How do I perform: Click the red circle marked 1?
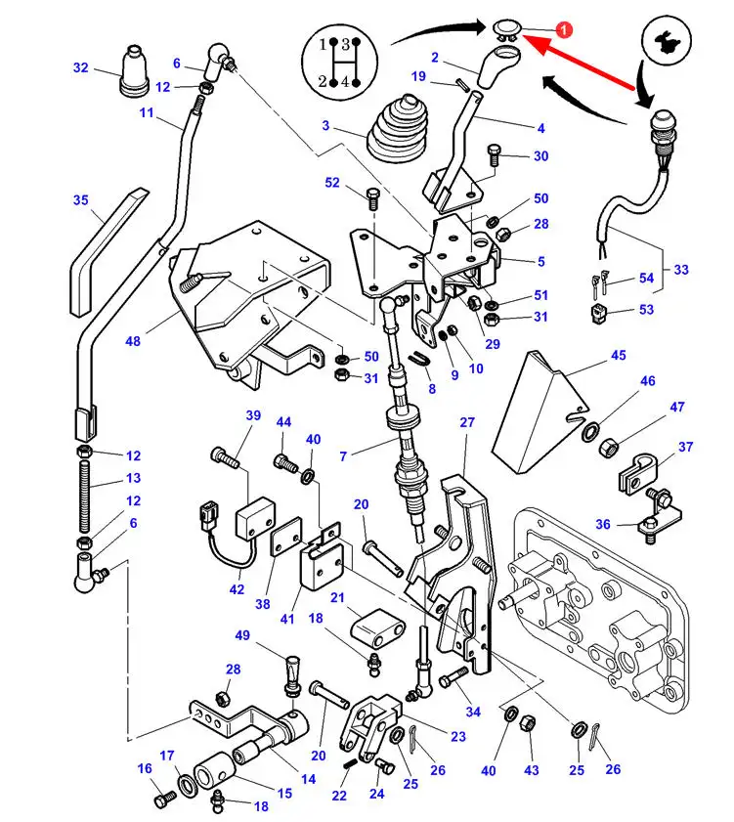pyautogui.click(x=563, y=31)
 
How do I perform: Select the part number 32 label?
pyautogui.click(x=80, y=67)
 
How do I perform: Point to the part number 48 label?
pyautogui.click(x=133, y=341)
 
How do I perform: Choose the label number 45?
pyautogui.click(x=618, y=355)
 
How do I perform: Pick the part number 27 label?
pyautogui.click(x=466, y=422)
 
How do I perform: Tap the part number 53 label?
pyautogui.click(x=646, y=311)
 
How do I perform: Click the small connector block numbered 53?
pyautogui.click(x=596, y=314)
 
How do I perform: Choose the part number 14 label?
pyautogui.click(x=308, y=779)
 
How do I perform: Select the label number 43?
pyautogui.click(x=531, y=771)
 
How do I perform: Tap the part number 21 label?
pyautogui.click(x=337, y=598)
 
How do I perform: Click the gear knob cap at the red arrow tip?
pyautogui.click(x=505, y=26)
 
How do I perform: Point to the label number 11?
pyautogui.click(x=147, y=112)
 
